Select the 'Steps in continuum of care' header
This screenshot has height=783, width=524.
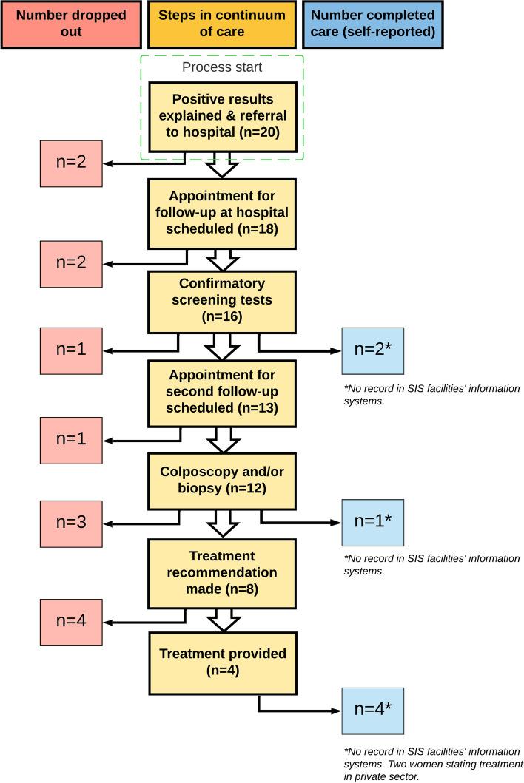pyautogui.click(x=222, y=24)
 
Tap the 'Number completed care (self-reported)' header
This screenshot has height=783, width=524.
pyautogui.click(x=373, y=24)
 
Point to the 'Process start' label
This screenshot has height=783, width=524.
pyautogui.click(x=222, y=67)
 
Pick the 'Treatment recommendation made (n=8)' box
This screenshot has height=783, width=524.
pyautogui.click(x=222, y=573)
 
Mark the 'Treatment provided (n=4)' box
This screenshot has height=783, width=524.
pyautogui.click(x=222, y=662)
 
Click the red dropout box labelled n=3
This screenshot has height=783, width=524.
pyautogui.click(x=72, y=522)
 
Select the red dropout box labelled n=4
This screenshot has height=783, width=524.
pyautogui.click(x=72, y=620)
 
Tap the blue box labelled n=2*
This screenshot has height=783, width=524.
pyautogui.click(x=373, y=350)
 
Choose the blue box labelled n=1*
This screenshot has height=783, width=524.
pyautogui.click(x=373, y=522)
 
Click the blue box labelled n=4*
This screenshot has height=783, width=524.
pyautogui.click(x=373, y=711)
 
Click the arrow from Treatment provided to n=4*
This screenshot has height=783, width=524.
pyautogui.click(x=296, y=711)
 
